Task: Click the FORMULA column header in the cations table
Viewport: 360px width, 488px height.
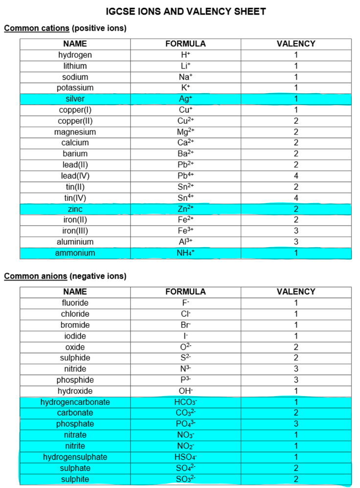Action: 185,44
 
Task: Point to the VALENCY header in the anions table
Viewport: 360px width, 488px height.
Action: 296,292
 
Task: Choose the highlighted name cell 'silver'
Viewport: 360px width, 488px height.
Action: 75,99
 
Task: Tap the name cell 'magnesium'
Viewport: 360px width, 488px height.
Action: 75,132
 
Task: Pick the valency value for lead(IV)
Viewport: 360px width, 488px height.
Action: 296,176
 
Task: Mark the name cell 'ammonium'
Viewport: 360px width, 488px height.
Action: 75,253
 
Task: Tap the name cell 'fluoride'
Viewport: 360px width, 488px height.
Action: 75,303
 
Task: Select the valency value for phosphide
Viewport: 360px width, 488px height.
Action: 296,380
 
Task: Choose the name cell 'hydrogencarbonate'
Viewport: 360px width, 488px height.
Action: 75,402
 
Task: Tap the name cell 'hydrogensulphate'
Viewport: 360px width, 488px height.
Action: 75,457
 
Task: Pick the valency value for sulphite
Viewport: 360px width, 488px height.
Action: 296,479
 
